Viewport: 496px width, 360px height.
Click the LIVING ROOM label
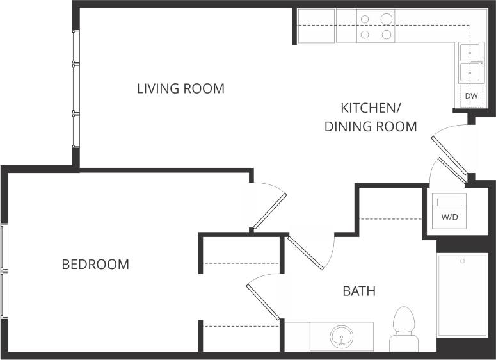(x=180, y=88)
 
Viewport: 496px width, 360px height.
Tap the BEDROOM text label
(x=95, y=264)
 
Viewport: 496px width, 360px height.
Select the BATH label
(x=359, y=291)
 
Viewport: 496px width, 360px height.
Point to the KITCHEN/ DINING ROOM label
(x=371, y=117)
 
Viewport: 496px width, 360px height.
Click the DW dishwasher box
(x=471, y=96)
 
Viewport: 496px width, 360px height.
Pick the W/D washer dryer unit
(x=450, y=210)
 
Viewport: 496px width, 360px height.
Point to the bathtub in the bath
(x=461, y=295)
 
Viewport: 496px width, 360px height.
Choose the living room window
(x=76, y=90)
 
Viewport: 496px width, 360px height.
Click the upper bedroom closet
(x=242, y=253)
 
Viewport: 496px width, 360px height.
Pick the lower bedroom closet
(x=242, y=336)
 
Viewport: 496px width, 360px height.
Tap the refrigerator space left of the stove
(x=316, y=26)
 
